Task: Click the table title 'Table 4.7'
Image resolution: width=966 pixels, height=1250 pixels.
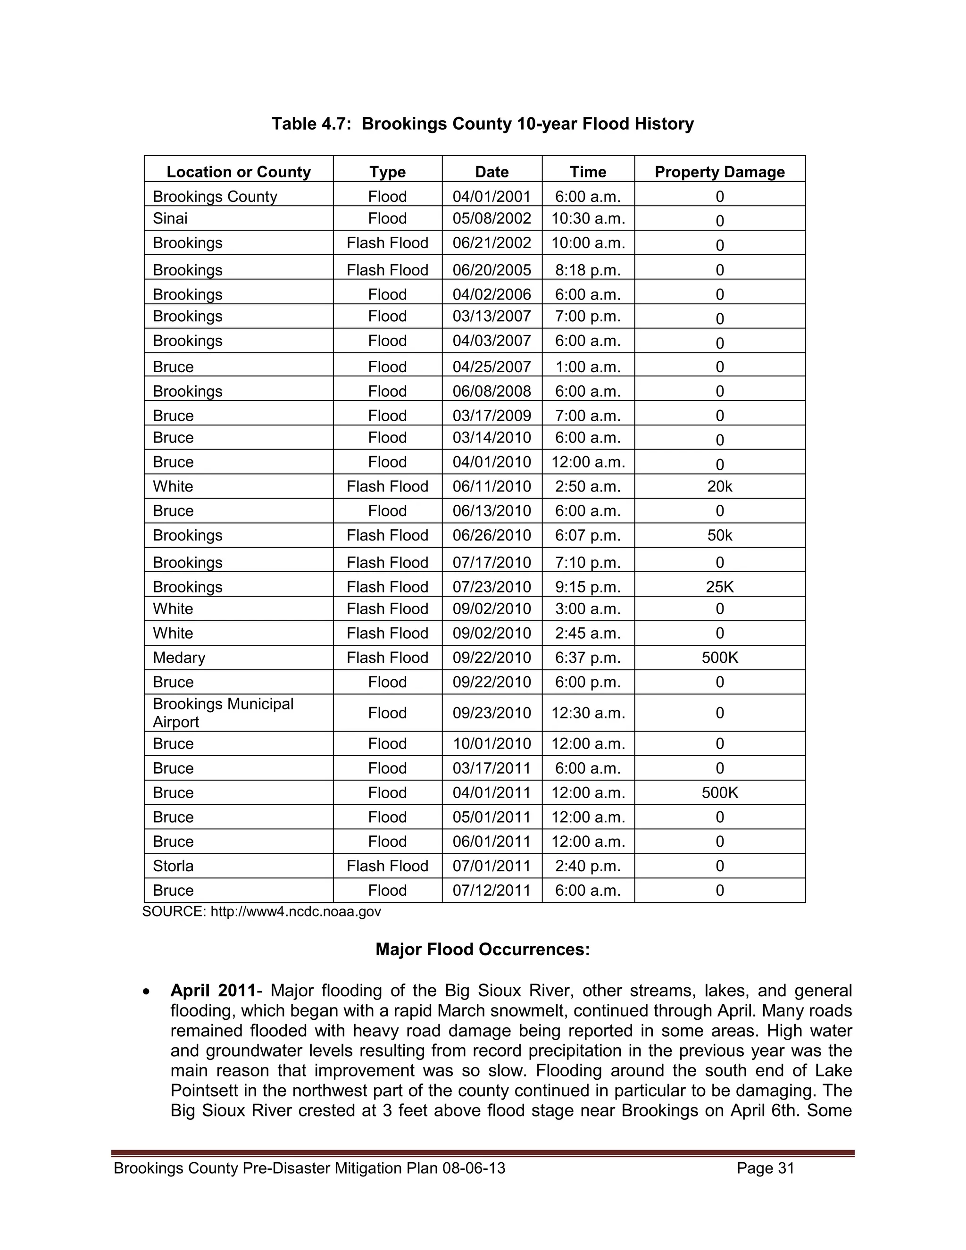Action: click(483, 124)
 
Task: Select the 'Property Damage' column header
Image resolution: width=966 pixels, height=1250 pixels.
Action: click(719, 172)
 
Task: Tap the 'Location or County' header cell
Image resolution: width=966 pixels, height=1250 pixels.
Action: click(238, 172)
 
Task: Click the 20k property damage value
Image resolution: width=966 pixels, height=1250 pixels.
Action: click(719, 486)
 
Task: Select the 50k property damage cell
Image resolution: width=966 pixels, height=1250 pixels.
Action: click(719, 535)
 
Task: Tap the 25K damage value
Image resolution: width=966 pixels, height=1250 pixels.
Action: click(719, 587)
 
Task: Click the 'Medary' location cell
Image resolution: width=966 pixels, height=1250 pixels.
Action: click(179, 658)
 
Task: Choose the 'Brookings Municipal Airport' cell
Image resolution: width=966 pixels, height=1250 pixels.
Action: click(223, 713)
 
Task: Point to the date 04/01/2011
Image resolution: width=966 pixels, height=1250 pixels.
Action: click(491, 793)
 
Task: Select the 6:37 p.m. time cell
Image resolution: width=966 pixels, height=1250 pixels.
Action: click(588, 658)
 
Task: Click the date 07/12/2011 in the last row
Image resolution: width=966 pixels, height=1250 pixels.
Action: click(491, 891)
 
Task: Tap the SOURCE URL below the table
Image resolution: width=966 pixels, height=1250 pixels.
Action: click(295, 911)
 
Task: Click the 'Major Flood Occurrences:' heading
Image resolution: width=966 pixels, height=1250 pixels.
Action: click(483, 950)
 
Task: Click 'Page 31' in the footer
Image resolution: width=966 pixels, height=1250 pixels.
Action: click(765, 1168)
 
